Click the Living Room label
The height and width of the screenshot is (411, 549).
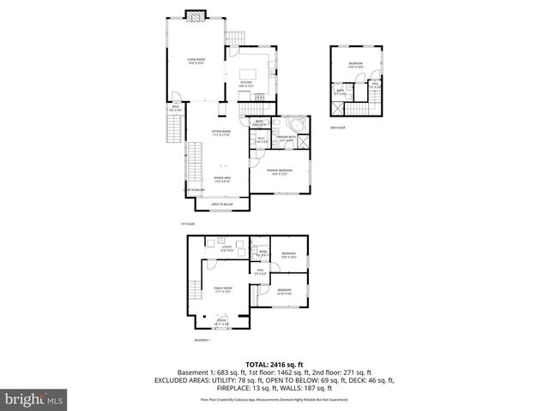tap(195, 61)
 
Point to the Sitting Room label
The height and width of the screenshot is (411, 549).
tap(222, 133)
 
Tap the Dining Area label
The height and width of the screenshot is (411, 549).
tap(222, 179)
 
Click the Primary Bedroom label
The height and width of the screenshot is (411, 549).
tap(281, 171)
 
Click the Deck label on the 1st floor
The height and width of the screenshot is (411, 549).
tap(175, 108)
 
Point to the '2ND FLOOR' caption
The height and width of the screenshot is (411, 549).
tap(337, 127)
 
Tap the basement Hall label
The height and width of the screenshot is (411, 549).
tap(260, 271)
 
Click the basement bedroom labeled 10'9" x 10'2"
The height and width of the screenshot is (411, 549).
tap(288, 254)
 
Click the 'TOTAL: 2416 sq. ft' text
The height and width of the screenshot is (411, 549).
tap(274, 364)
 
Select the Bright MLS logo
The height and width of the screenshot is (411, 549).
tap(33, 398)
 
